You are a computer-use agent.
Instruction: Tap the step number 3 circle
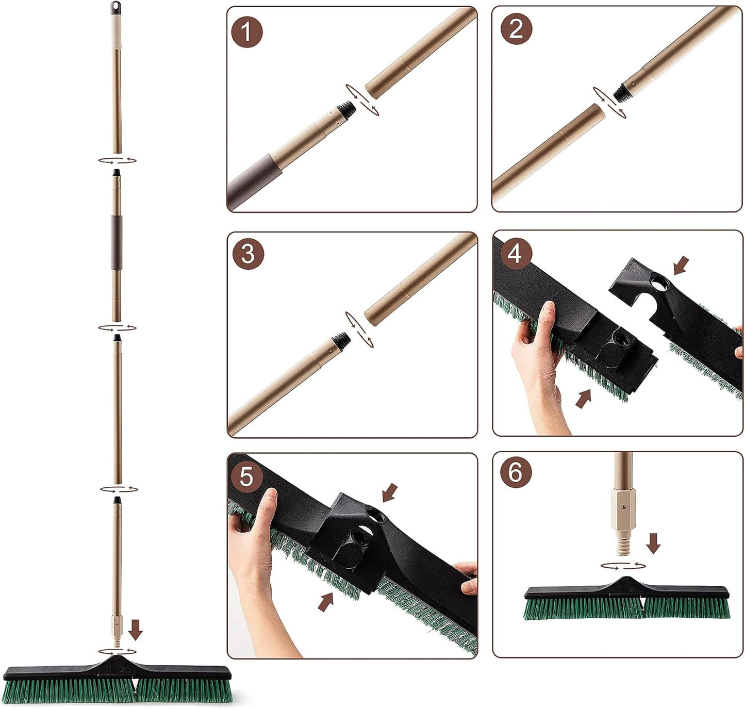[247, 254]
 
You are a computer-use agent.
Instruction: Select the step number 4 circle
[515, 254]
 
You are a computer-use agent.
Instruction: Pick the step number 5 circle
[247, 476]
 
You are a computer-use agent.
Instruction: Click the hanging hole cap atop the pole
[114, 8]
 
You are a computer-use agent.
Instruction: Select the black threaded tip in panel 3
[341, 339]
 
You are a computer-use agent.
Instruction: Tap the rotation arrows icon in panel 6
[623, 566]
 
